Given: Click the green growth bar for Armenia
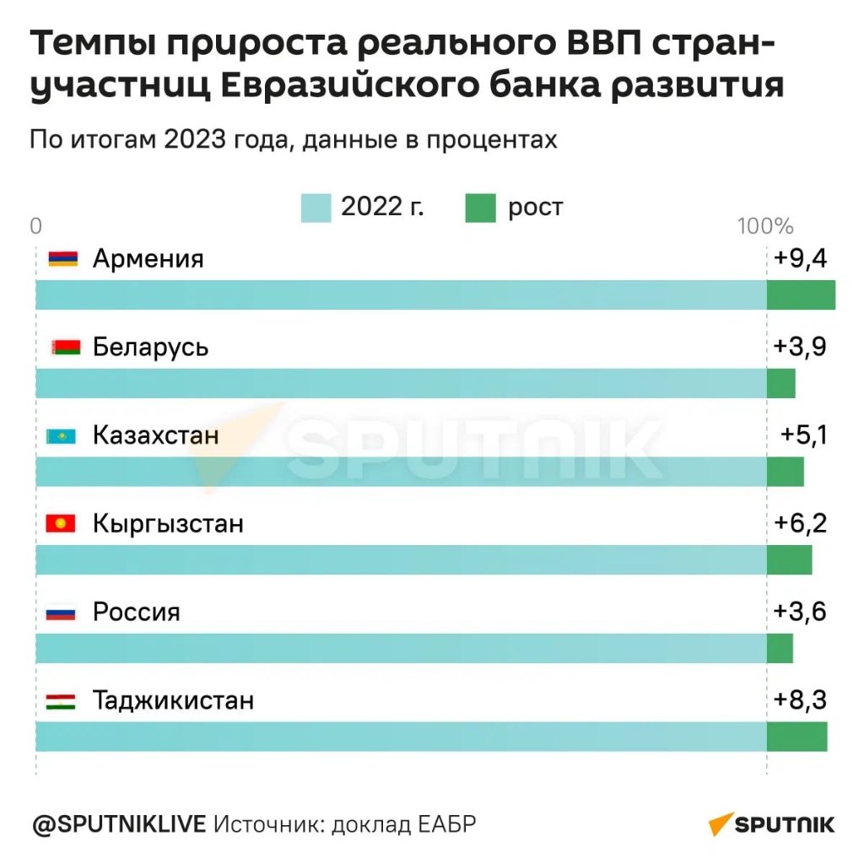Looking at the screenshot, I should (x=801, y=294).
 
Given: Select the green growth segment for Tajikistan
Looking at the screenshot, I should (x=796, y=737).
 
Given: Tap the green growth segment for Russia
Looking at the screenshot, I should (x=780, y=648).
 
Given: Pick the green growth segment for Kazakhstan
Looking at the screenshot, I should (x=785, y=472).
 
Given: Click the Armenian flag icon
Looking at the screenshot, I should (x=63, y=259).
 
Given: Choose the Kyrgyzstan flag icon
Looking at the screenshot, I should (x=61, y=524).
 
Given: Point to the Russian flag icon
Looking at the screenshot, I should (x=61, y=613).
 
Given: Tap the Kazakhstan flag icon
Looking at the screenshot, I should (x=61, y=436).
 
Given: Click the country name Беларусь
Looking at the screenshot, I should (x=151, y=347).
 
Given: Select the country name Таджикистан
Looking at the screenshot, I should (x=174, y=700).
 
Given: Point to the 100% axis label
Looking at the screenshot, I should (x=765, y=226).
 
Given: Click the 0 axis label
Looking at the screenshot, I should (x=35, y=226).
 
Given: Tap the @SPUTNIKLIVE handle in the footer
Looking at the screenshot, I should (x=118, y=823).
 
